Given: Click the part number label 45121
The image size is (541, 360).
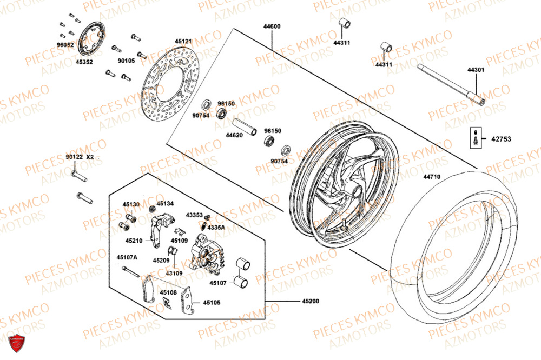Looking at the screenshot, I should (x=183, y=41).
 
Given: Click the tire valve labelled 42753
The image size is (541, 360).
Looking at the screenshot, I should (x=474, y=138).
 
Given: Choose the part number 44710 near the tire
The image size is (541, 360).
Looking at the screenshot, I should (x=432, y=177).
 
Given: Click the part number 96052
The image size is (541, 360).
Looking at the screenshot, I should (x=65, y=45).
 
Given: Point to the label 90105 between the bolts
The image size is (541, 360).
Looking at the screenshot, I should (x=126, y=61).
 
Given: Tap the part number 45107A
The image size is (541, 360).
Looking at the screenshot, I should (x=127, y=257).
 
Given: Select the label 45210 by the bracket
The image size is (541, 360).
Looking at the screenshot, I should (x=134, y=241).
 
